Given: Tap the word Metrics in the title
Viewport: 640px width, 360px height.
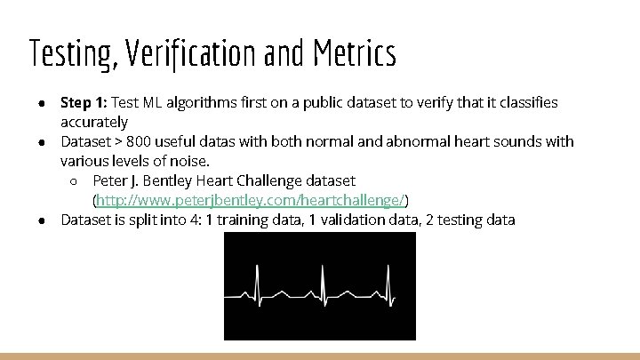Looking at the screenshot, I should [x=355, y=54].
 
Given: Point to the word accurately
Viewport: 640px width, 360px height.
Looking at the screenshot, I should [x=94, y=122].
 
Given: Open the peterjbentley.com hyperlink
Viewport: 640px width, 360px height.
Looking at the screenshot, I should [x=251, y=200].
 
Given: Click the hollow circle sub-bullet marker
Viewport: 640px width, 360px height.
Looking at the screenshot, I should [x=76, y=181].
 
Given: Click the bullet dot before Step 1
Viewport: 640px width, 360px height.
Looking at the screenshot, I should [x=42, y=103].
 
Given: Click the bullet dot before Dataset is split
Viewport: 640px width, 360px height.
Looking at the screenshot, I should [x=42, y=220].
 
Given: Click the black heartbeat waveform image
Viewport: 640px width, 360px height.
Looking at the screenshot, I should [x=319, y=285].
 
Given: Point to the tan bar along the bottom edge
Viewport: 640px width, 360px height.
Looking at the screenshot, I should [x=320, y=356].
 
